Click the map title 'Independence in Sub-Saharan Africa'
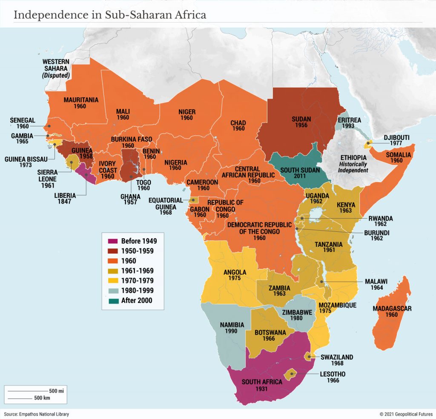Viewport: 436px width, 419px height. pos(110,15)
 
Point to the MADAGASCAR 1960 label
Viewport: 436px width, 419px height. pos(391,311)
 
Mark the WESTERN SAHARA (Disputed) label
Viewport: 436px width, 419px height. pos(56,68)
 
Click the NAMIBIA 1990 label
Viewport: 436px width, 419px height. pos(232,328)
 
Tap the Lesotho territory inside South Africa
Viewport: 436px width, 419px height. pos(291,375)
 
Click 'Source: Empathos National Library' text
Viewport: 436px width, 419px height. pos(36,414)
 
